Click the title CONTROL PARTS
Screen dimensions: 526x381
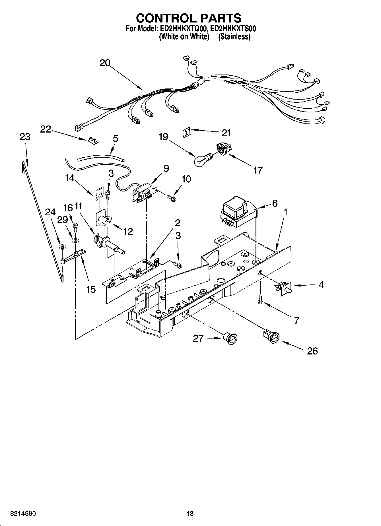pyautogui.click(x=189, y=18)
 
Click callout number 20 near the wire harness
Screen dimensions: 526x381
pyautogui.click(x=105, y=63)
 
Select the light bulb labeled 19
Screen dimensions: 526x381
pyautogui.click(x=201, y=161)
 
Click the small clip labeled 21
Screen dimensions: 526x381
pyautogui.click(x=186, y=133)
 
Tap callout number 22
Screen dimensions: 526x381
pyautogui.click(x=46, y=129)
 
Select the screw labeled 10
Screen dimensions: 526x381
pyautogui.click(x=172, y=197)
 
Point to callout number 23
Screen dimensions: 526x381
pyautogui.click(x=25, y=137)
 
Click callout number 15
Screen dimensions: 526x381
pyautogui.click(x=91, y=290)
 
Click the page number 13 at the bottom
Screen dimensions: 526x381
pyautogui.click(x=190, y=513)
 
